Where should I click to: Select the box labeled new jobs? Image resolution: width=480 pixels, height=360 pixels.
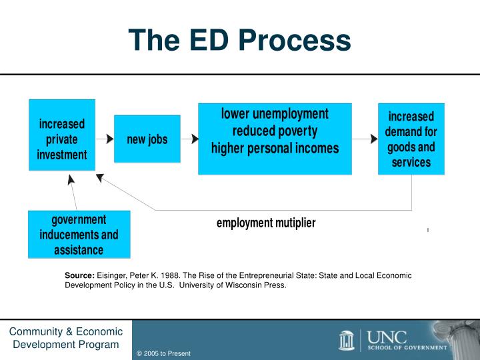point(147,139)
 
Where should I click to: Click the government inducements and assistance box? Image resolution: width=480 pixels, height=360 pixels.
point(79,235)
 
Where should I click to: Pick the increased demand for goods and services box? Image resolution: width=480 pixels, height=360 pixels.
point(411,139)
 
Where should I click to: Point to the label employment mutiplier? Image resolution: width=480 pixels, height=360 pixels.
point(265,223)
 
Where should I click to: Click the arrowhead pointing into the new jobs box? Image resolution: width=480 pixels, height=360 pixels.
point(109,139)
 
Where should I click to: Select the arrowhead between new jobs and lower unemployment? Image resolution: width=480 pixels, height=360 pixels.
point(195,139)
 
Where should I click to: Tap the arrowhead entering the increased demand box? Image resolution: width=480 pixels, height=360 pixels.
point(373,139)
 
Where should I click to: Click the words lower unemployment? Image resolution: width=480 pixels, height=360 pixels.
point(275,113)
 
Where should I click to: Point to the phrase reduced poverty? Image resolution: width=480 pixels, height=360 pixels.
point(275,131)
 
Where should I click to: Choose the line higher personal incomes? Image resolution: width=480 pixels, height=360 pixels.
point(275,148)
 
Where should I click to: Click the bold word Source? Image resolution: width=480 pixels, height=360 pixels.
point(79,275)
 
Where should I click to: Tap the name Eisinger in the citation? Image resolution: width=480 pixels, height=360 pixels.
point(113,275)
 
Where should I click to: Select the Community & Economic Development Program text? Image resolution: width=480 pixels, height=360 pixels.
point(65,338)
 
